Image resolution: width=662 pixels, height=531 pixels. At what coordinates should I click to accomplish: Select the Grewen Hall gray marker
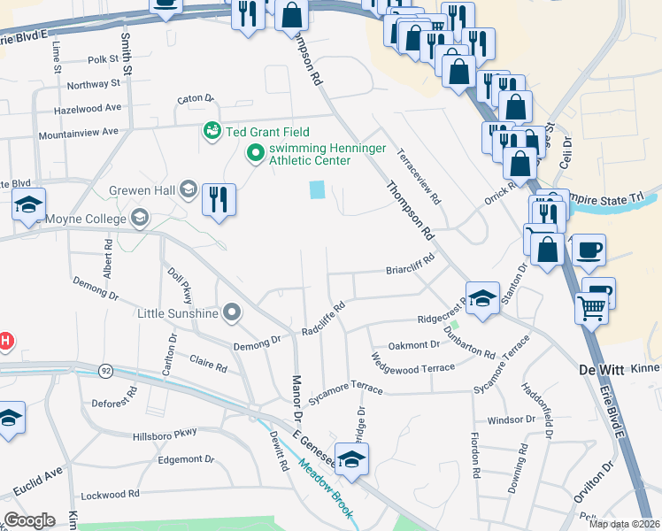(x=188, y=189)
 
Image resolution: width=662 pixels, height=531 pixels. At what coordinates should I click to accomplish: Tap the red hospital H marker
(x=4, y=341)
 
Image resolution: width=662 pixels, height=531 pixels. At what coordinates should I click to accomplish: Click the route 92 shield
(x=106, y=370)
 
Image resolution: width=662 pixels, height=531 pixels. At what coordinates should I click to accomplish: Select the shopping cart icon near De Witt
(x=591, y=309)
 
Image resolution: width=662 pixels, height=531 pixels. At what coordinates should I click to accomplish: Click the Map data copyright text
(x=623, y=524)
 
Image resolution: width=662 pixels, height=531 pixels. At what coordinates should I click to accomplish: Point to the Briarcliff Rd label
(x=410, y=265)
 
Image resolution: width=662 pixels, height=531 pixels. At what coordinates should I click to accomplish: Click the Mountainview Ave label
(x=78, y=132)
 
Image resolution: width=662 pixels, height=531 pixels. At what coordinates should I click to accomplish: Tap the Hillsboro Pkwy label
(x=165, y=434)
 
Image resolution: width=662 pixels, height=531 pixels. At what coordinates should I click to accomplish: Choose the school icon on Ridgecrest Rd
(x=482, y=298)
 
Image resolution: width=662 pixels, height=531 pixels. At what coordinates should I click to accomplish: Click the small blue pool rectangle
(x=316, y=189)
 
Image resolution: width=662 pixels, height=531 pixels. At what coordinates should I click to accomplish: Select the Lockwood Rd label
(x=110, y=494)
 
